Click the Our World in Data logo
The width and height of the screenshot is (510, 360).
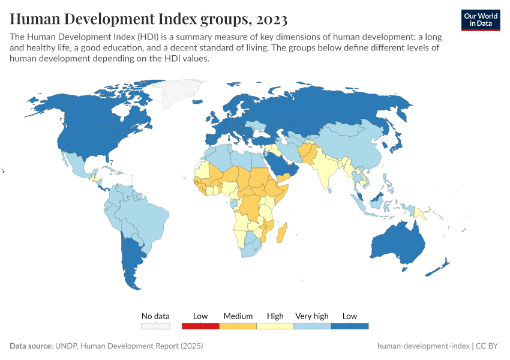481,20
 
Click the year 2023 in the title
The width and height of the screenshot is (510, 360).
271,19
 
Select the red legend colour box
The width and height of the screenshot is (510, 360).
200,326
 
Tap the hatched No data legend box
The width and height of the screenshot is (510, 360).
155,326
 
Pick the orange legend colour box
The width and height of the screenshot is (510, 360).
238,326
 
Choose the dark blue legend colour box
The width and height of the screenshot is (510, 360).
350,326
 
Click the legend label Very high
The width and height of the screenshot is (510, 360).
312,316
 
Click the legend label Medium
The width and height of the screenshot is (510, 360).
238,316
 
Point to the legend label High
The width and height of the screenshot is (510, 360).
275,316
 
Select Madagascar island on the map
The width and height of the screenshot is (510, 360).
281,233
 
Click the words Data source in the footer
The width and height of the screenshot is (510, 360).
31,346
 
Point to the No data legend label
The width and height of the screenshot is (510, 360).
155,316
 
